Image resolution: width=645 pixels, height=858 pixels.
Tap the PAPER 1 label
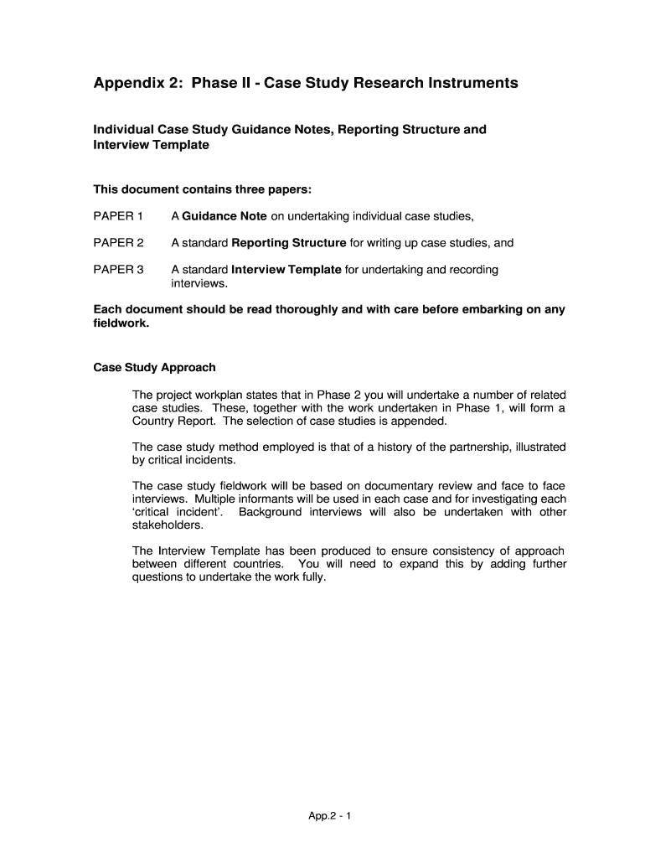pyautogui.click(x=118, y=216)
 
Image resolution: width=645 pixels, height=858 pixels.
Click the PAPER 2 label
pyautogui.click(x=118, y=243)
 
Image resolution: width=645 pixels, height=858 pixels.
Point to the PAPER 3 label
pyautogui.click(x=118, y=270)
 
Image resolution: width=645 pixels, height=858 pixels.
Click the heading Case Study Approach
pyautogui.click(x=154, y=367)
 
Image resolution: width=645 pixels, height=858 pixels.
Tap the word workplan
pyautogui.click(x=220, y=395)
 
